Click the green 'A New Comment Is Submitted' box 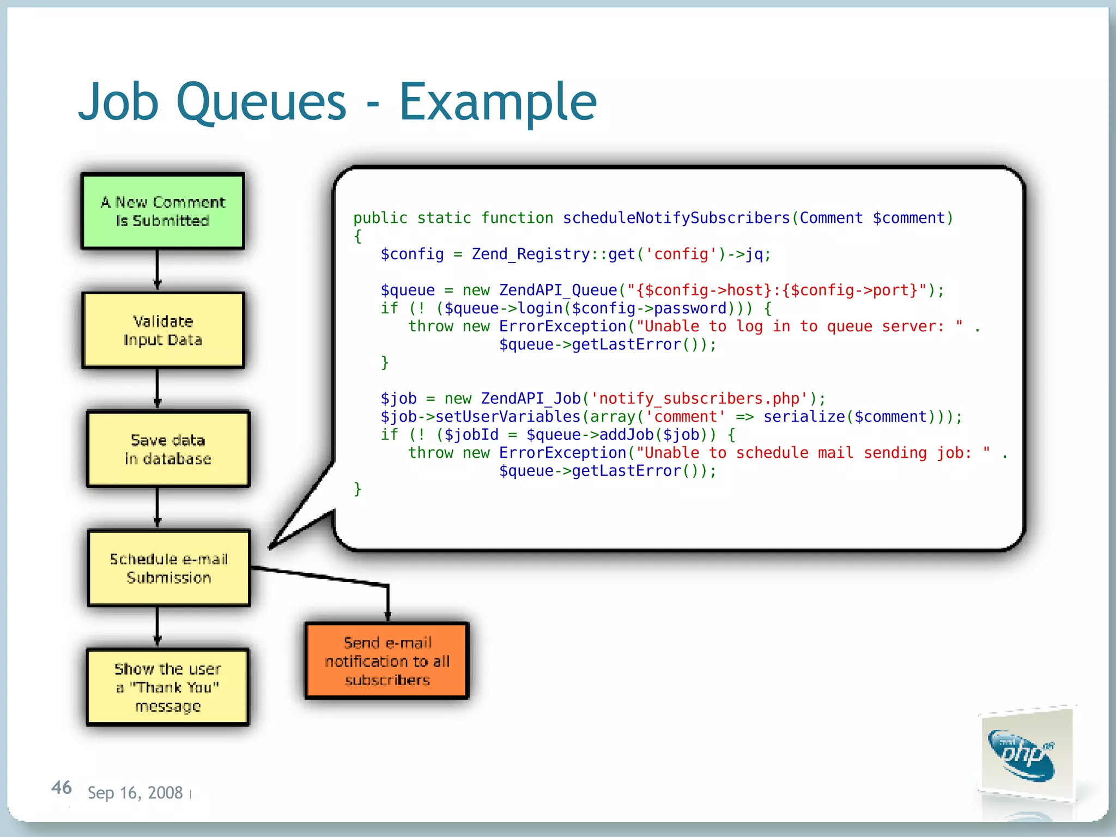(x=162, y=211)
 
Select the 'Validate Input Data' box (x=163, y=330)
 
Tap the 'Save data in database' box (x=168, y=449)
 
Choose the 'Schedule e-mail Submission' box (x=169, y=568)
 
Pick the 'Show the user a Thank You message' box (x=168, y=687)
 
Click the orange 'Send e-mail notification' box (x=387, y=660)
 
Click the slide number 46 (x=61, y=787)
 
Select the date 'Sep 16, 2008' (x=135, y=792)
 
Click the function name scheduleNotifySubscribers (x=676, y=218)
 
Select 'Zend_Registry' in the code (x=530, y=254)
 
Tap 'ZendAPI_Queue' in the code (x=558, y=290)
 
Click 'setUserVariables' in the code (x=508, y=416)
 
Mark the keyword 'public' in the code (x=380, y=218)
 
